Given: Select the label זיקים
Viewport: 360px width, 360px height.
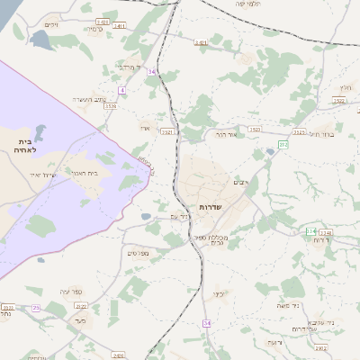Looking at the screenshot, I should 50,24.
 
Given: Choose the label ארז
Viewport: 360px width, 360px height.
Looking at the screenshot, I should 145,128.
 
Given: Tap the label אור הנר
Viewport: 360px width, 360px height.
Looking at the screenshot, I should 226,133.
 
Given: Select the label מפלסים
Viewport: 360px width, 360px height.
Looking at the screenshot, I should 137,253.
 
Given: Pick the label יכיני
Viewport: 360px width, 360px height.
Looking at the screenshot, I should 219,293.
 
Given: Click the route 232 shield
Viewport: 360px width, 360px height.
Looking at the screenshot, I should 283,144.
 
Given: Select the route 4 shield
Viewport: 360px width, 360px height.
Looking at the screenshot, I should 121,90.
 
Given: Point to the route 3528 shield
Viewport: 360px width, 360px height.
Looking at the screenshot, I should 110,106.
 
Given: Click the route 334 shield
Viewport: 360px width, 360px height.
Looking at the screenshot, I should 310,230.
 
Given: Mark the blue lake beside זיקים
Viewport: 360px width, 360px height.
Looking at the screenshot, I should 41,40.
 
